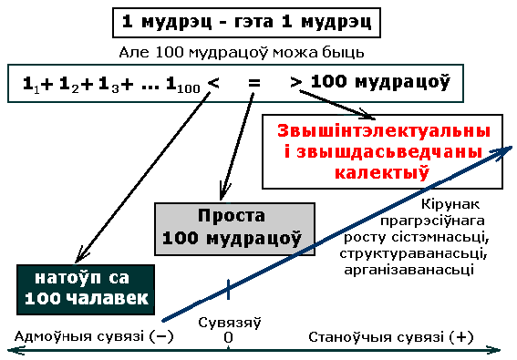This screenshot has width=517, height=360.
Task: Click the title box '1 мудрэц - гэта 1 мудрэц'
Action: pyautogui.click(x=246, y=23)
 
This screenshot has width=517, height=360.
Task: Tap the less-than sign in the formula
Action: pyautogui.click(x=213, y=83)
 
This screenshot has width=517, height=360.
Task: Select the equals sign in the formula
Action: pyautogui.click(x=254, y=82)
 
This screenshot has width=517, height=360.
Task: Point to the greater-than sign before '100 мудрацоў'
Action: pyautogui.click(x=295, y=82)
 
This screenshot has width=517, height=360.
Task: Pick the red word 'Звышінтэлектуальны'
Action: pyautogui.click(x=384, y=131)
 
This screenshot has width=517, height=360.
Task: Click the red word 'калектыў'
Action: pyautogui.click(x=382, y=171)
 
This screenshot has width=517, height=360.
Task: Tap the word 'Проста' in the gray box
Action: pyautogui.click(x=232, y=216)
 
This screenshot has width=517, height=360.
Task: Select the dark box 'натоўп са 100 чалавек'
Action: pyautogui.click(x=86, y=290)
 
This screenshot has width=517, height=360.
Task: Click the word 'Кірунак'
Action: pyautogui.click(x=450, y=204)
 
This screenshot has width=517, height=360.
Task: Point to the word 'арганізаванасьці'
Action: pyautogui.click(x=409, y=270)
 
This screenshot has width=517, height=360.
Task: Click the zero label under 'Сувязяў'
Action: pyautogui.click(x=228, y=337)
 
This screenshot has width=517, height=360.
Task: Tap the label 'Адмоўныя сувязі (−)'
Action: pyautogui.click(x=94, y=337)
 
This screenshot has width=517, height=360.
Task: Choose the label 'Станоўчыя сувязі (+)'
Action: pyautogui.click(x=391, y=337)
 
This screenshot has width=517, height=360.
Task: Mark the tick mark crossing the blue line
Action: pyautogui.click(x=228, y=289)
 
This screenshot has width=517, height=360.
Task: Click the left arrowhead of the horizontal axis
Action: pyautogui.click(x=16, y=351)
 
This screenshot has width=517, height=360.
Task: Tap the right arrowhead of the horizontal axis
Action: pyautogui.click(x=493, y=351)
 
